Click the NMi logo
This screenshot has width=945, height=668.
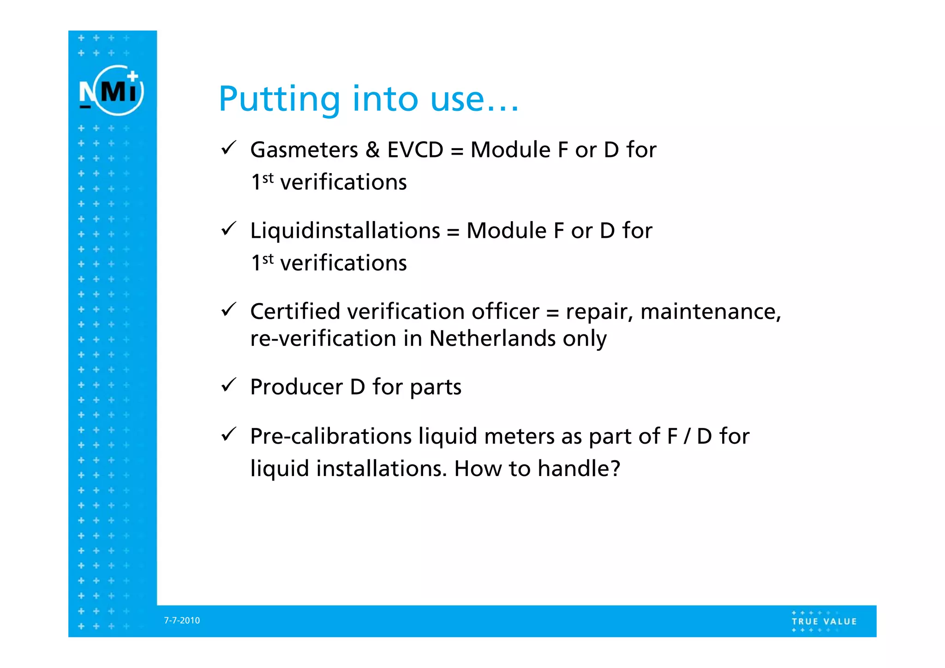pyautogui.click(x=111, y=90)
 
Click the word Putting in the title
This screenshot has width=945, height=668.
pyautogui.click(x=279, y=100)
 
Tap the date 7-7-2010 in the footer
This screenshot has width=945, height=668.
pyautogui.click(x=182, y=620)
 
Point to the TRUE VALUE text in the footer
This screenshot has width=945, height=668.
pyautogui.click(x=824, y=621)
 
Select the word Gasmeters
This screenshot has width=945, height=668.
pyautogui.click(x=304, y=150)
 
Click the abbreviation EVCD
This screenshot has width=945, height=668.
pyautogui.click(x=415, y=150)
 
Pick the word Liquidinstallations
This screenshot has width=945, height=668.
pyautogui.click(x=345, y=231)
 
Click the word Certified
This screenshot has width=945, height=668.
pyautogui.click(x=295, y=312)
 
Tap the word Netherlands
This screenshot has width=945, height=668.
pyautogui.click(x=492, y=338)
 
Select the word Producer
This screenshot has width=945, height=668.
pyautogui.click(x=296, y=387)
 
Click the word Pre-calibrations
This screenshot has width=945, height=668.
pyautogui.click(x=331, y=436)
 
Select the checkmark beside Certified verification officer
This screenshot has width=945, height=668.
pyautogui.click(x=229, y=309)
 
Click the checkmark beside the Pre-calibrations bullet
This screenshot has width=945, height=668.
pyautogui.click(x=229, y=434)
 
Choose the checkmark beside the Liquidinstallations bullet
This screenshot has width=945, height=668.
pyautogui.click(x=229, y=229)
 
